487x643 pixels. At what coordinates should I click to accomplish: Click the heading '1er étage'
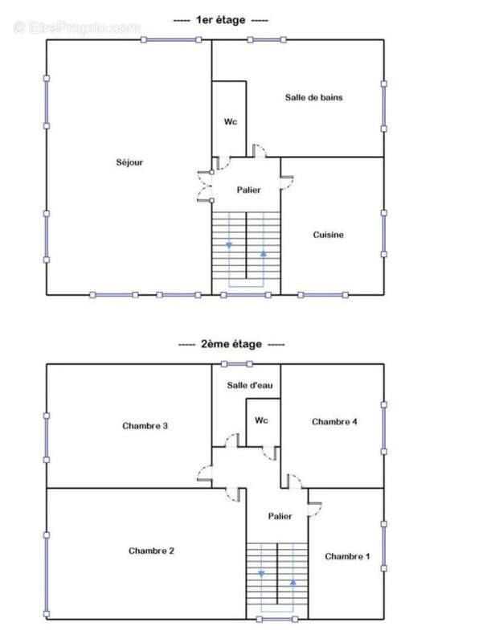220,20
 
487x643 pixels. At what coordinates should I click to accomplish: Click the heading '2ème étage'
231,344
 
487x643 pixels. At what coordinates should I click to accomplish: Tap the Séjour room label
129,162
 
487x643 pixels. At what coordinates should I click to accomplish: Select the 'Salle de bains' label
313,97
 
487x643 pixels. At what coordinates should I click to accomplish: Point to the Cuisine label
329,235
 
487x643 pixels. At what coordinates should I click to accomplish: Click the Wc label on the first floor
231,122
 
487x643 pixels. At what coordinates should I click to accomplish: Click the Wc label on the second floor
261,420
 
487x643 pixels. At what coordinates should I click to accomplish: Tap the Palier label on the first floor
249,190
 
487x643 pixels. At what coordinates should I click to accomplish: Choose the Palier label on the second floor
280,516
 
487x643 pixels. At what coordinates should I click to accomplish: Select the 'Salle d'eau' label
250,385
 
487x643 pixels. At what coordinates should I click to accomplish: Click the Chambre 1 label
347,556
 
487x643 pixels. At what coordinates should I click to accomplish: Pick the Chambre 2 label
151,551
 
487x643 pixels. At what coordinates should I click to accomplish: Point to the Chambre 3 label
145,426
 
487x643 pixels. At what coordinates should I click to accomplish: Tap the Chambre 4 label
334,421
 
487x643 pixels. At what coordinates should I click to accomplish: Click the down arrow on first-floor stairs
229,245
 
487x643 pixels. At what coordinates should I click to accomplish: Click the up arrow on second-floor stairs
293,582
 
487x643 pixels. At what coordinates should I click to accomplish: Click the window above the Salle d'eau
236,364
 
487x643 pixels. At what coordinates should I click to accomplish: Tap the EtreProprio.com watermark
76,28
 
